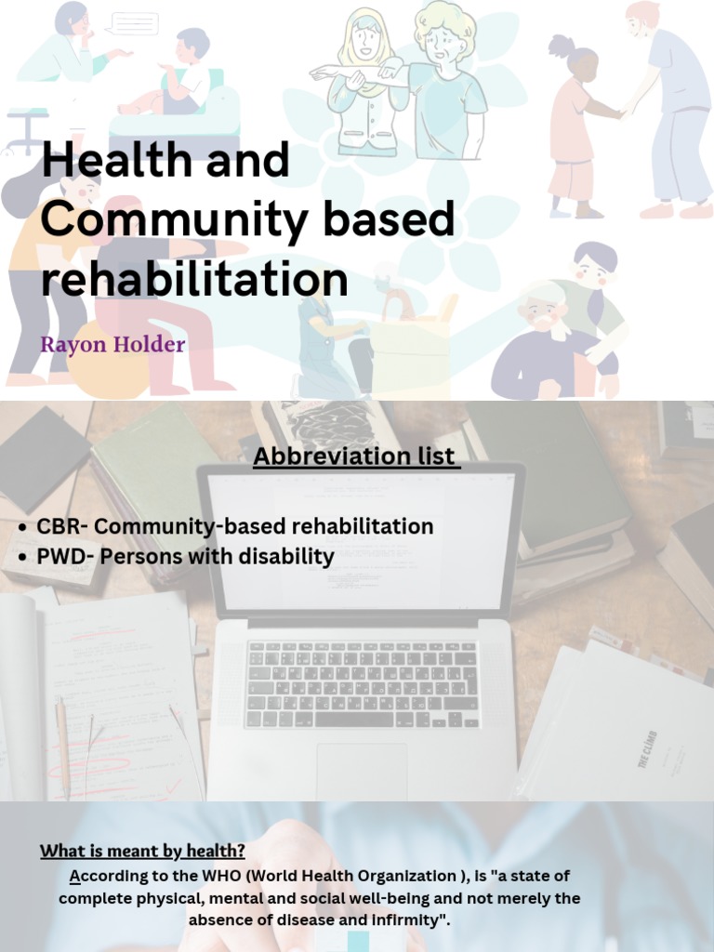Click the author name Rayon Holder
(112, 345)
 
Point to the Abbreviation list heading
(356, 456)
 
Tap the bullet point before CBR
(22, 528)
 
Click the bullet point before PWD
(22, 558)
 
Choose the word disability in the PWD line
(292, 557)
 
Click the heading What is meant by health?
(142, 851)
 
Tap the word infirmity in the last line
(401, 920)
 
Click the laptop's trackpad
(362, 768)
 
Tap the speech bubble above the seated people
(134, 23)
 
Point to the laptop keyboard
(363, 684)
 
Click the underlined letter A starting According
(75, 876)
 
